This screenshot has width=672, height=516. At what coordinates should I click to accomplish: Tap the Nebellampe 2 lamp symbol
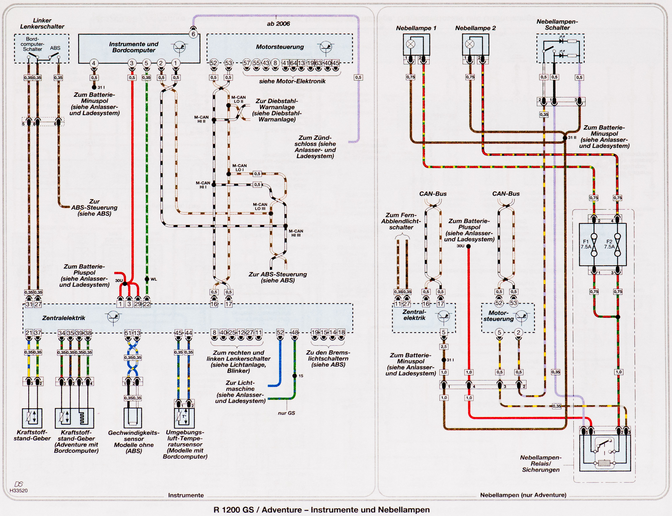[470, 44]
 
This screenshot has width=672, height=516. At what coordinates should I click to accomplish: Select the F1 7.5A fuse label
[586, 244]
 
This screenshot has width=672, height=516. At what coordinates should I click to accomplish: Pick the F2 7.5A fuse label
[609, 244]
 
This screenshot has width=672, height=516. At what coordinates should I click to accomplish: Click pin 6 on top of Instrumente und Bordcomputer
[193, 34]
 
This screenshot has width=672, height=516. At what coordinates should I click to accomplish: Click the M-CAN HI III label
[296, 233]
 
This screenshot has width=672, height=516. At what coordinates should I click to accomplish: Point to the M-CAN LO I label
[239, 168]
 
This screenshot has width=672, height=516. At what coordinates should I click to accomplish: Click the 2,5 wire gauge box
[444, 347]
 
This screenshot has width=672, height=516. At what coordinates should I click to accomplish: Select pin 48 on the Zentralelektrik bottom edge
[295, 332]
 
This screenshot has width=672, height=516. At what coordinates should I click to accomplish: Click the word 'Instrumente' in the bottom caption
[186, 495]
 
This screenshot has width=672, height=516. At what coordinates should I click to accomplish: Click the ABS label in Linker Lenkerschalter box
[55, 48]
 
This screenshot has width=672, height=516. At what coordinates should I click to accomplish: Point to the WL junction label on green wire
[154, 279]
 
